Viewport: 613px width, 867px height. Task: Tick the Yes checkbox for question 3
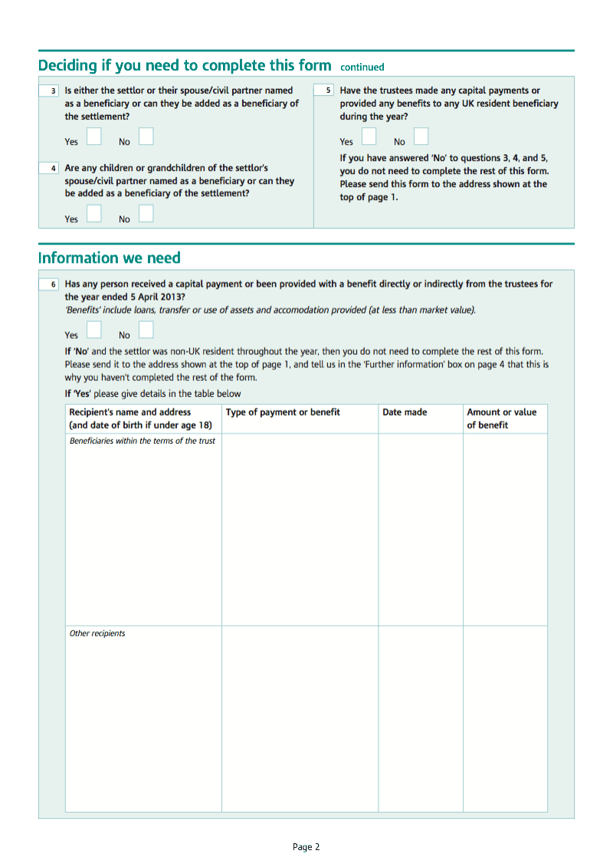93,136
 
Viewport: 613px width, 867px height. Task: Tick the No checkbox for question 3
146,136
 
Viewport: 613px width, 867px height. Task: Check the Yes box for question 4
93,214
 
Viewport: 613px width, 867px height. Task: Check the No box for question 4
146,214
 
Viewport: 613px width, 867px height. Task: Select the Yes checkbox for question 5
369,136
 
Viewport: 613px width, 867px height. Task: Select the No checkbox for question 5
421,136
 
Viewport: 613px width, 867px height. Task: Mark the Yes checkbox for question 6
93,330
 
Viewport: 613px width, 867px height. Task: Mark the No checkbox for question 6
146,330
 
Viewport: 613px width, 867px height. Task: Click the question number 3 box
49,90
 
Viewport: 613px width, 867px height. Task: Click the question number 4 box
49,168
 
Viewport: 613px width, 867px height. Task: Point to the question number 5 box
324,90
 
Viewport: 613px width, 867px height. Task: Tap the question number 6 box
49,284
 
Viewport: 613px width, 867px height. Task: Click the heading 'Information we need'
109,258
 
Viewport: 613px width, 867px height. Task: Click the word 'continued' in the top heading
362,67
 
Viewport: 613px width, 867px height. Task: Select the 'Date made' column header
405,412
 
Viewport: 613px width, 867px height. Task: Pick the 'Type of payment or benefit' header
283,412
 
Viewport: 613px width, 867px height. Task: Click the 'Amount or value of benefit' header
502,419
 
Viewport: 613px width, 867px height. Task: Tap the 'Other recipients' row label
97,633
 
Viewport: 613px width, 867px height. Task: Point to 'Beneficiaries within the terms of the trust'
143,441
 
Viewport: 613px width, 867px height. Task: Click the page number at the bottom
306,847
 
